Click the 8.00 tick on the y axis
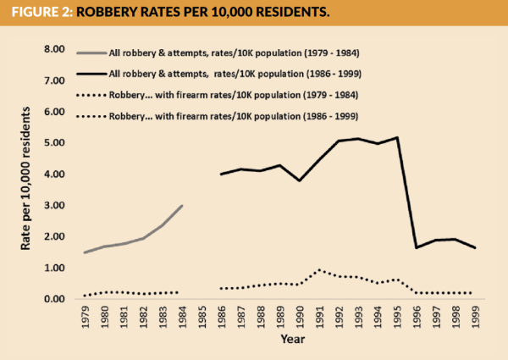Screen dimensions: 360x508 [54, 49]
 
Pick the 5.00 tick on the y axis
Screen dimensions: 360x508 [54, 143]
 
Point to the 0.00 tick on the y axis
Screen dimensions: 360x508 [54, 299]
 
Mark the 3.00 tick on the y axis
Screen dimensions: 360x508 [54, 206]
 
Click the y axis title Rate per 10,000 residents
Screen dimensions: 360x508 [25, 174]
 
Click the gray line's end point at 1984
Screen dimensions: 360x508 [182, 206]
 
